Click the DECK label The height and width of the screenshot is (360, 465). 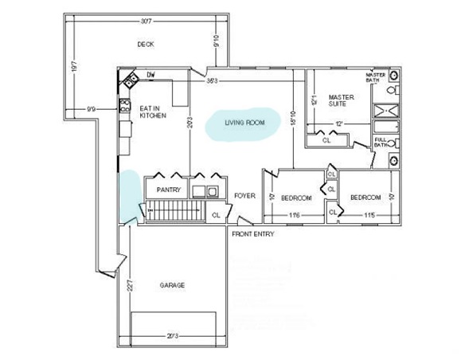coord(145,45)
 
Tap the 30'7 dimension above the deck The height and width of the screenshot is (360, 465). coord(145,19)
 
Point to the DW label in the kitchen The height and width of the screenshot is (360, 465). coord(150,76)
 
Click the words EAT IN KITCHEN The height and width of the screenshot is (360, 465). coord(153,112)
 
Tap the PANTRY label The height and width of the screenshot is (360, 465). coord(169,190)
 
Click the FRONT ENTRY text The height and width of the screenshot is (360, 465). coord(254,235)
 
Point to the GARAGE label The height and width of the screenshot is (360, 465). coord(173,285)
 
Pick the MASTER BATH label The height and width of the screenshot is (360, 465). coord(376,77)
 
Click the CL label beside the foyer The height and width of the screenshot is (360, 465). coord(217,214)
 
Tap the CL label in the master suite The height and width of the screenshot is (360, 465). coord(326,140)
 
